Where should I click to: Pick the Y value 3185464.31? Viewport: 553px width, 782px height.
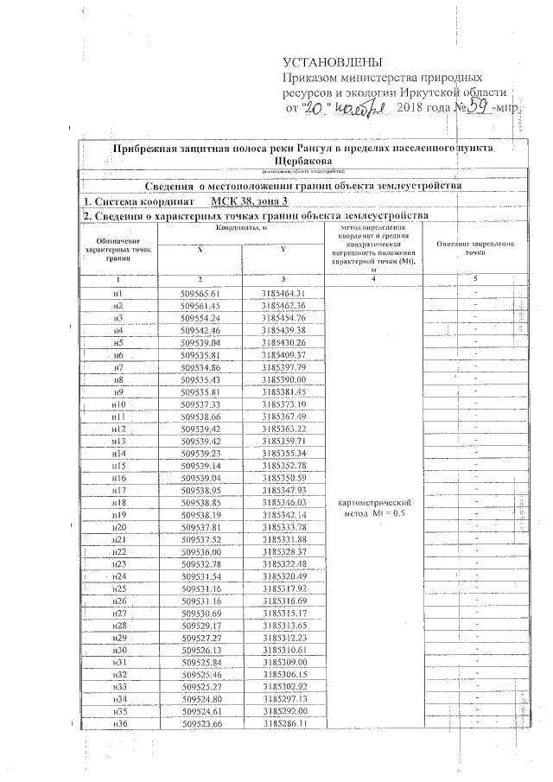284,294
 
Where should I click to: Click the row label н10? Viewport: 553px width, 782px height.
118,404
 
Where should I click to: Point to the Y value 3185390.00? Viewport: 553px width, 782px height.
284,379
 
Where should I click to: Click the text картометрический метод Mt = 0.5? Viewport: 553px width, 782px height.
375,508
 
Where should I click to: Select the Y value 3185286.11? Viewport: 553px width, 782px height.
284,723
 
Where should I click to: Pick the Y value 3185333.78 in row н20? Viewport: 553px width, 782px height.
284,527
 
